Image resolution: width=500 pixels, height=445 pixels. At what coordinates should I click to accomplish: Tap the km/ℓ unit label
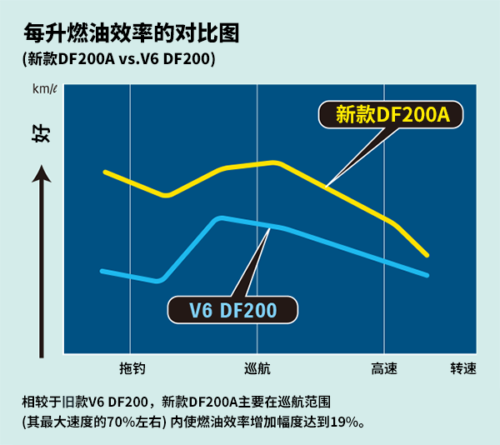[x=44, y=89]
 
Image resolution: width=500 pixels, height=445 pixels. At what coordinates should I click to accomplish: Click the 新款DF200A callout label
[x=392, y=115]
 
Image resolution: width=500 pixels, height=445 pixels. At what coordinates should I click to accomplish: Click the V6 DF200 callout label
[x=232, y=311]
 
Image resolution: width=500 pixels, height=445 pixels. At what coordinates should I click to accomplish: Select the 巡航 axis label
[x=257, y=368]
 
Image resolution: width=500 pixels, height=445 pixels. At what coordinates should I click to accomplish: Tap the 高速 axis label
[x=384, y=368]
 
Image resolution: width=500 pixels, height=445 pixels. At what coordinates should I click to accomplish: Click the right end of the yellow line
[x=427, y=254]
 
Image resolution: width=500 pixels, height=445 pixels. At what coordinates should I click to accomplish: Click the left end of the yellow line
[x=105, y=172]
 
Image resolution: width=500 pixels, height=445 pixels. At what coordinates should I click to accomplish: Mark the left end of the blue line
[x=102, y=271]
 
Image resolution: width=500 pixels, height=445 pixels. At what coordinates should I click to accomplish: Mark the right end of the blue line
[x=427, y=275]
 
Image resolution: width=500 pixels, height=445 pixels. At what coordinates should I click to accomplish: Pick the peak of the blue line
[x=220, y=218]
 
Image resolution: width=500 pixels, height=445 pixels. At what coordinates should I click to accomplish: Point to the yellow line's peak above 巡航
[x=274, y=162]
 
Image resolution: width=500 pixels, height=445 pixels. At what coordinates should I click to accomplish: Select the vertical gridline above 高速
[x=384, y=250]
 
